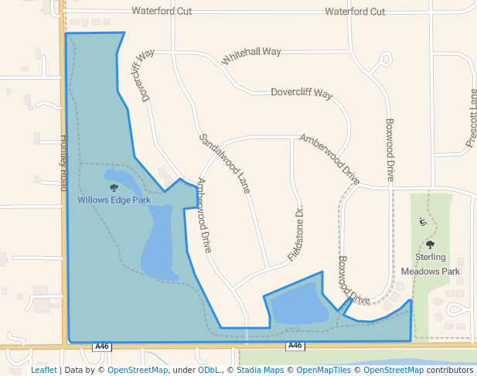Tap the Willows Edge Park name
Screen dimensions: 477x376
point(114,200)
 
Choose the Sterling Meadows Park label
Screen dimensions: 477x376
point(430,264)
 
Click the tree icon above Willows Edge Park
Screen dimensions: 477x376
point(114,187)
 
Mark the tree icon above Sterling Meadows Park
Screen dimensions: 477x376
point(431,245)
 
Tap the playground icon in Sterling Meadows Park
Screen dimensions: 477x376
point(422,222)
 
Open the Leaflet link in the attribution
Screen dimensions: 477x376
point(43,371)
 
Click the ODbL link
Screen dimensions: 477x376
point(207,371)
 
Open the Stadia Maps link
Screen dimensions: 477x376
point(260,371)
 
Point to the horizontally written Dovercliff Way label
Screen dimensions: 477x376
point(302,94)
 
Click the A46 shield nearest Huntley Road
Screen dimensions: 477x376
point(102,347)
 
